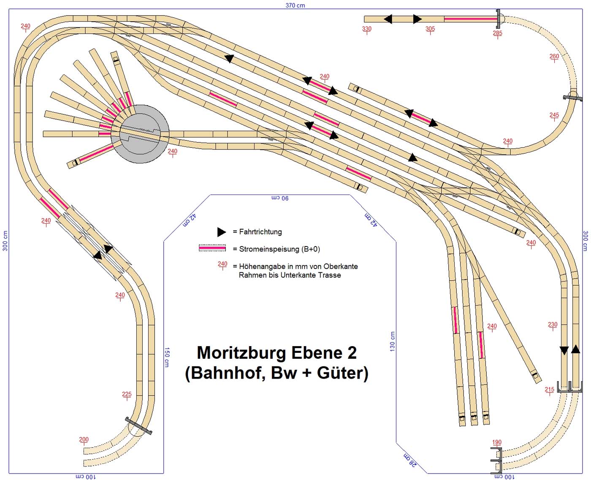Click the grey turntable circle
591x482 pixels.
click(x=140, y=133)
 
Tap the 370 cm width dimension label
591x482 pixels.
click(x=295, y=5)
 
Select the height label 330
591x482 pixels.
click(x=367, y=29)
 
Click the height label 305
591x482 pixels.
click(x=430, y=29)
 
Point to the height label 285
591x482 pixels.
click(x=497, y=33)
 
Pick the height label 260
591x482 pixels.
click(x=554, y=56)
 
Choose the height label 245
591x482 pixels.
click(x=554, y=115)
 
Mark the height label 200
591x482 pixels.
click(x=84, y=439)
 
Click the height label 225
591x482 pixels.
click(x=127, y=394)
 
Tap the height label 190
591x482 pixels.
click(x=496, y=442)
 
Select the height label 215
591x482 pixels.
click(x=549, y=390)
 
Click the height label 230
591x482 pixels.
click(x=553, y=325)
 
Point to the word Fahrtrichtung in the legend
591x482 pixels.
click(x=260, y=232)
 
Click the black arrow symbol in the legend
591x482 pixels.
click(x=221, y=232)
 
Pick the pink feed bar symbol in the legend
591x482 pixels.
click(x=212, y=249)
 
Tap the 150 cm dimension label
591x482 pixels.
click(x=167, y=357)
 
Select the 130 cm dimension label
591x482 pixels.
click(x=393, y=341)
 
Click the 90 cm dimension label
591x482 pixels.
click(x=280, y=198)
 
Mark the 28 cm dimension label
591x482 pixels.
click(x=410, y=460)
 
